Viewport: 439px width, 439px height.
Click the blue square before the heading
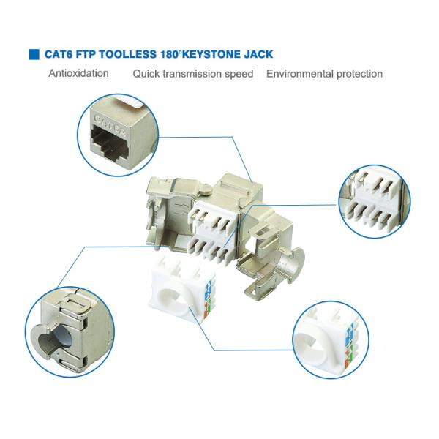pyautogui.click(x=34, y=55)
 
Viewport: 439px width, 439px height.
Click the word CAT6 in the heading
pyautogui.click(x=59, y=55)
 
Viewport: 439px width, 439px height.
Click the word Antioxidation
pyautogui.click(x=79, y=73)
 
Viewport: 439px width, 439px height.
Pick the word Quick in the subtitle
pyautogui.click(x=146, y=74)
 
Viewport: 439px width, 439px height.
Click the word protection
pyautogui.click(x=359, y=73)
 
